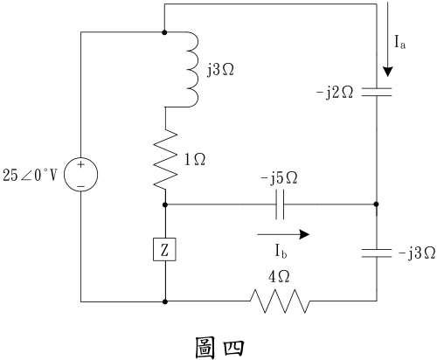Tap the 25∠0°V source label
click(x=30, y=176)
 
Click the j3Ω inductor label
click(x=220, y=70)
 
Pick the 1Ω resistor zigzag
click(x=165, y=160)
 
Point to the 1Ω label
click(x=195, y=160)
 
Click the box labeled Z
click(x=164, y=250)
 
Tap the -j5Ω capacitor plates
click(x=280, y=204)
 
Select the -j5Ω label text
click(x=280, y=178)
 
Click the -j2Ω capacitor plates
click(x=377, y=92)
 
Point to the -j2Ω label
click(x=335, y=93)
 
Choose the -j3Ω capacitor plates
click(x=377, y=253)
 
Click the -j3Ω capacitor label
click(x=417, y=253)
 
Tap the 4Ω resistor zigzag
click(x=280, y=301)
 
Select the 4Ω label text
click(x=279, y=277)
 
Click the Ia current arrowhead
click(x=388, y=72)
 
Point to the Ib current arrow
click(x=283, y=234)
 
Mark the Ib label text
click(x=281, y=252)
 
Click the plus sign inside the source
click(x=80, y=164)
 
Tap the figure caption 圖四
click(x=219, y=348)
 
